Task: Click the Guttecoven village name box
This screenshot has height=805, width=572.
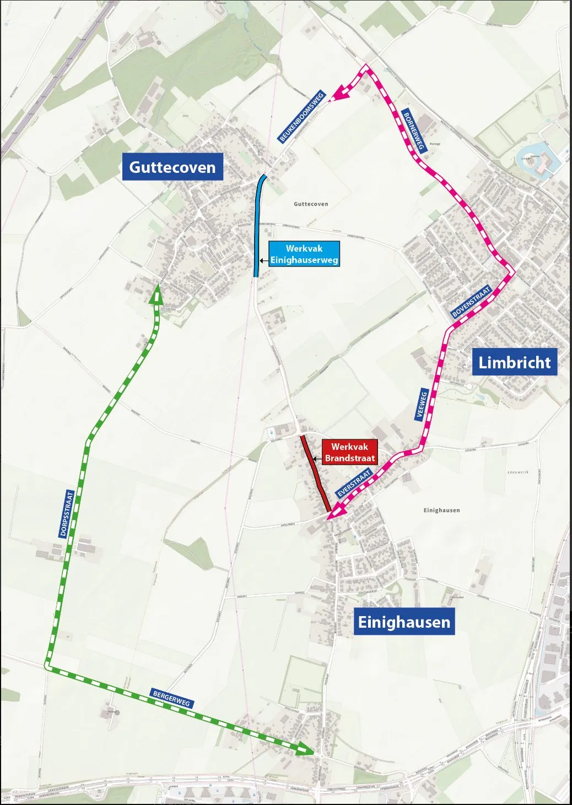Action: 172,167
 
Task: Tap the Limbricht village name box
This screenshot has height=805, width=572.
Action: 514,362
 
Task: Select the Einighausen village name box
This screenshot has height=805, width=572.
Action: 404,622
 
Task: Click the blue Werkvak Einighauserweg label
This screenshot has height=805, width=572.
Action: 304,254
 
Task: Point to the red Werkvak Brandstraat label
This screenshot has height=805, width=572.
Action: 349,453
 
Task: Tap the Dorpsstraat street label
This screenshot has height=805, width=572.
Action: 67,514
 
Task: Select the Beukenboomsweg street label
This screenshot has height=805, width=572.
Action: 302,117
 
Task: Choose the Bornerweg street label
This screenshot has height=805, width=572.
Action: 414,132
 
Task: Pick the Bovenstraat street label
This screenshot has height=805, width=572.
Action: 471,301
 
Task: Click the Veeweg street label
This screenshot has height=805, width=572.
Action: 423,405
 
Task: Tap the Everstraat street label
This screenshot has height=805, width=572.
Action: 355,483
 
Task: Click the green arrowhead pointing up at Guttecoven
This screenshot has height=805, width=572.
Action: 157,296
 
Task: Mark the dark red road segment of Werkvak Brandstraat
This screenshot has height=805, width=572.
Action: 315,472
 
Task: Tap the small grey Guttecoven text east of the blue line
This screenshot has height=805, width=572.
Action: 311,204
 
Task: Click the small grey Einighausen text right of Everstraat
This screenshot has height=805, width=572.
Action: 441,510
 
